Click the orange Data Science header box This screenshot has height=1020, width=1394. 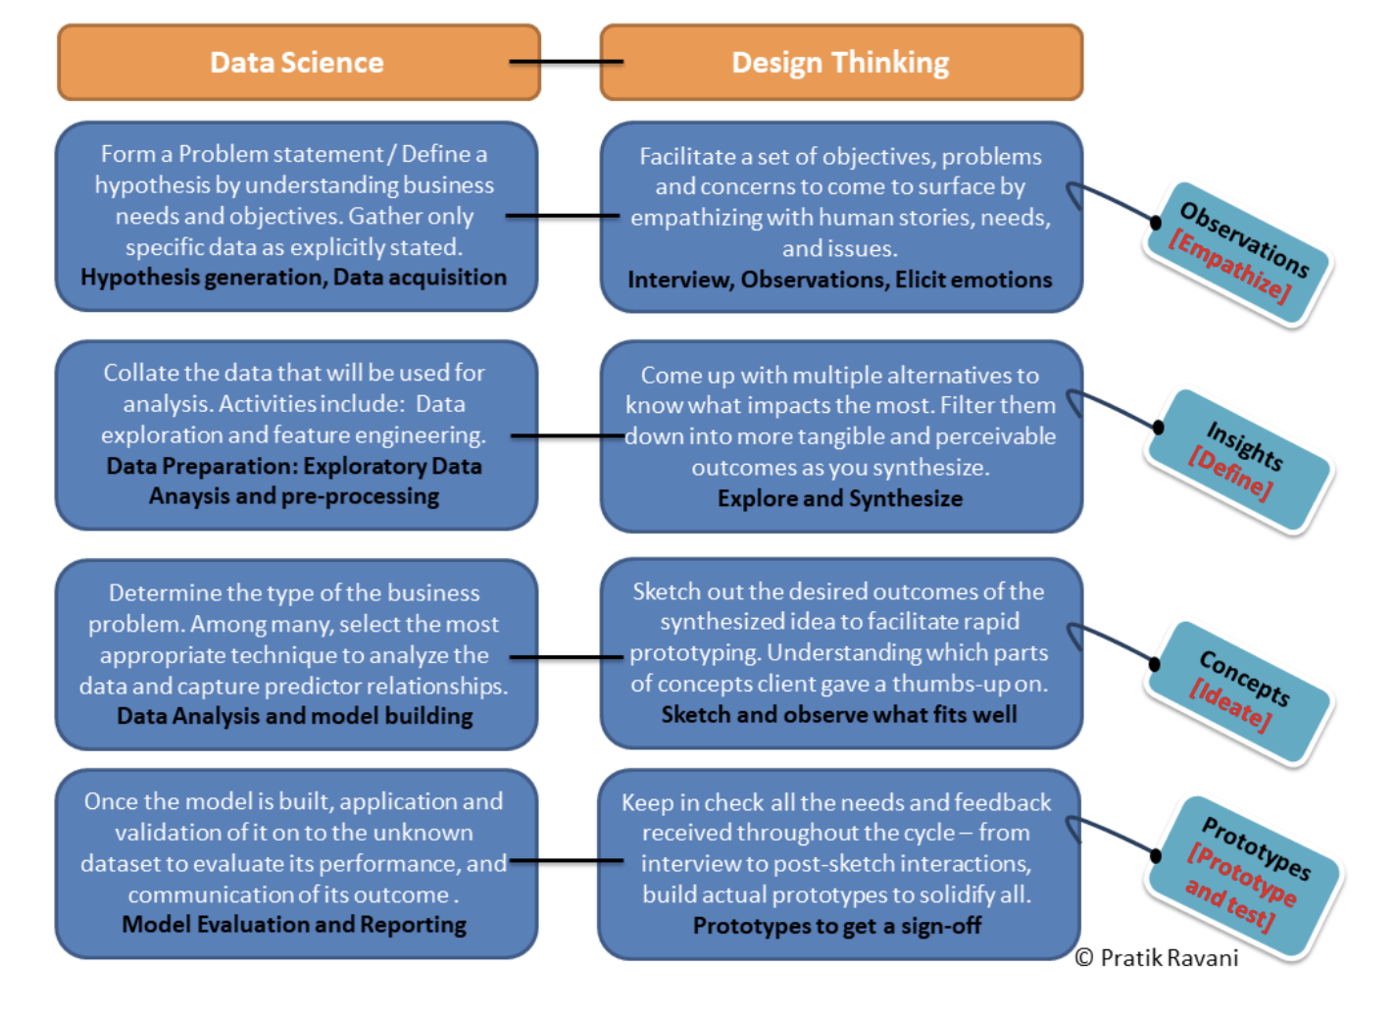298,63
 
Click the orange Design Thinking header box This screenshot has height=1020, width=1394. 841,63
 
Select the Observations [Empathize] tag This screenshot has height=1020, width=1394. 1237,253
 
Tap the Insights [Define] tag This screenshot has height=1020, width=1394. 1239,461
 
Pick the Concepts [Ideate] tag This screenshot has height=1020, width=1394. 1239,691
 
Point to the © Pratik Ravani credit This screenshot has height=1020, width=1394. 1157,958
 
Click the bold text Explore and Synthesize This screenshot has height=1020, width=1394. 840,498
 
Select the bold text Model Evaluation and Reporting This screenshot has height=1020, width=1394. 294,925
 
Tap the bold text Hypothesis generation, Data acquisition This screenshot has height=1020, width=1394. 294,278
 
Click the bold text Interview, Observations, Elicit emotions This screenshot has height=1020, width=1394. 840,280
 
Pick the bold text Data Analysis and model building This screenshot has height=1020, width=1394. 294,716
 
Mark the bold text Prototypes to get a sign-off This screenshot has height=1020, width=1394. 837,926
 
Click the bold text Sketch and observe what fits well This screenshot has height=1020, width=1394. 839,715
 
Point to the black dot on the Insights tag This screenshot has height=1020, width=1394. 1159,428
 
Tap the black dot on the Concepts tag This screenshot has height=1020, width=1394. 1155,665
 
